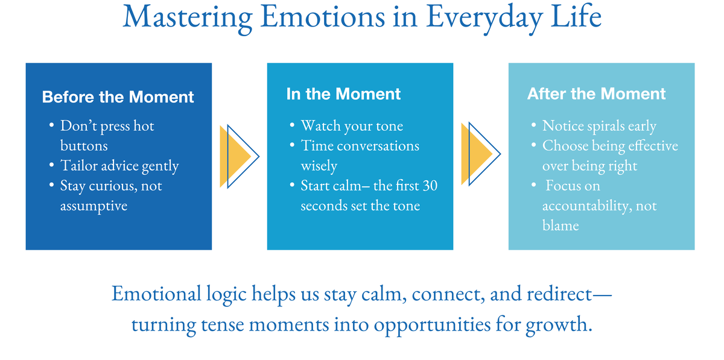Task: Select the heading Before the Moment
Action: point(118,96)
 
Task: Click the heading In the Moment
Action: point(343,94)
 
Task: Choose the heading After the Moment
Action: point(596,94)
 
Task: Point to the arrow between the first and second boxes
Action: point(240,156)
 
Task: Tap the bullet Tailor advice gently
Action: point(119,166)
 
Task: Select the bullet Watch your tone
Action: point(352,126)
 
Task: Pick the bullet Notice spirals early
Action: point(599,126)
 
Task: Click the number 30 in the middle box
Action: point(430,186)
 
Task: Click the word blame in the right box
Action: point(560,226)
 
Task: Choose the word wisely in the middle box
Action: point(319,166)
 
